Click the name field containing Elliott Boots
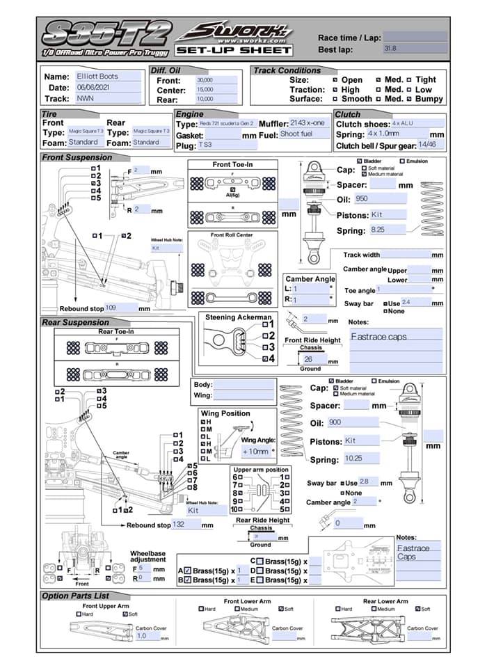coord(105,77)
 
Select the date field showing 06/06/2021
coord(105,88)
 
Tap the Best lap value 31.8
coord(414,49)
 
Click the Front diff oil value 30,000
coord(216,80)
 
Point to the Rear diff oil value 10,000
coord(216,100)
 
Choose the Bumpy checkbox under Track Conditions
coord(410,100)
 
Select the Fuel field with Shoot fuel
coord(303,134)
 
